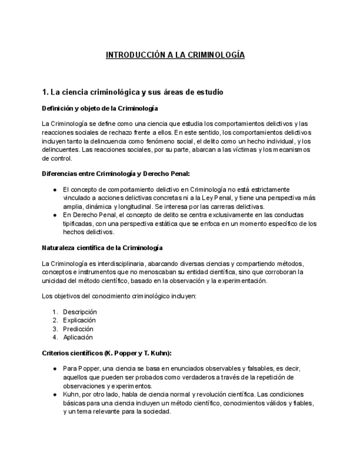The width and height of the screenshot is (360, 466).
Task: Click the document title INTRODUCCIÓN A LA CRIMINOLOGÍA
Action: coord(175,55)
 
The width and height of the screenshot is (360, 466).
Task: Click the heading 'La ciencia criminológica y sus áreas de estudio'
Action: coord(137,92)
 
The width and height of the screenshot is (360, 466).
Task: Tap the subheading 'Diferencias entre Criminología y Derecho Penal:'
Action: coord(116,174)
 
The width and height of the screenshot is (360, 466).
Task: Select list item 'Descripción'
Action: coord(80,312)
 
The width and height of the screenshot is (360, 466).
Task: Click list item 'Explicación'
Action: coord(79,320)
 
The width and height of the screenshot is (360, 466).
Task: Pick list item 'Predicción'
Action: coord(78,329)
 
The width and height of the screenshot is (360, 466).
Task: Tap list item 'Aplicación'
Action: coord(77,337)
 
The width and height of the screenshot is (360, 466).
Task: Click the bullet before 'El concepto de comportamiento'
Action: coord(55,190)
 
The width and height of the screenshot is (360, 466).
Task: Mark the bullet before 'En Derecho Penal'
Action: coord(55,215)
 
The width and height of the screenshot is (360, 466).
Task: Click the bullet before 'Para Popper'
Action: coord(55,369)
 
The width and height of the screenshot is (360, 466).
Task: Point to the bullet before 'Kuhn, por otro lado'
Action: coord(55,395)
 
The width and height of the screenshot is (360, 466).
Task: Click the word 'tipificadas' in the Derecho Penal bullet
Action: coord(77,224)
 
